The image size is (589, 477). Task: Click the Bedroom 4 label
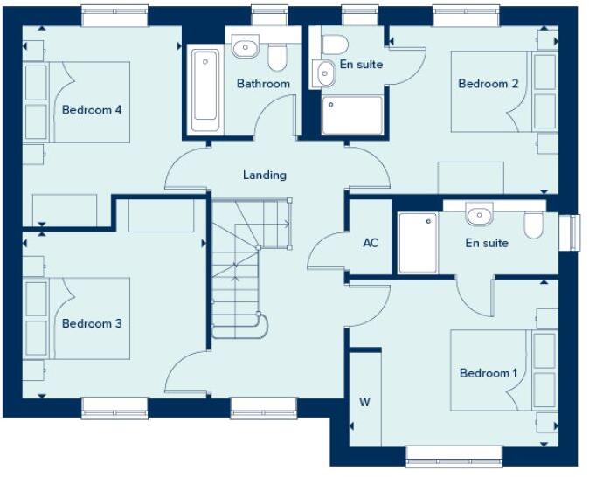coord(91,110)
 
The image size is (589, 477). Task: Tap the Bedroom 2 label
coord(489,84)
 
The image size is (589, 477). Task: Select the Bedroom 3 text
coord(91,323)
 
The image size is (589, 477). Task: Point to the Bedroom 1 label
coord(489,373)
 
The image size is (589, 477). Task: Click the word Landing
coord(264,175)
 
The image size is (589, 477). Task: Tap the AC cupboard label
coord(371,242)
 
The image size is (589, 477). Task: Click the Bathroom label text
coord(263,84)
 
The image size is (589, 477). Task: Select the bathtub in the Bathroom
coord(204,86)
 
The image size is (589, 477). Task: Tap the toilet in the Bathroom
coord(278,56)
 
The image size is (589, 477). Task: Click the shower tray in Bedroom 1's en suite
coord(417,242)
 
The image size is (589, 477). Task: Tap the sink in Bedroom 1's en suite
coord(478,214)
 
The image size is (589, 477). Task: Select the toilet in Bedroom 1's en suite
coord(535,225)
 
